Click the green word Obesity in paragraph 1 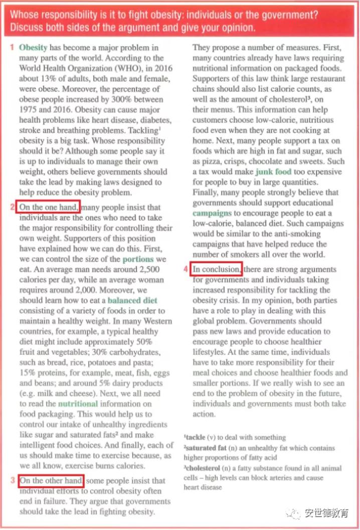tap(33, 48)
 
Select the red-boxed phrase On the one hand tap(48, 207)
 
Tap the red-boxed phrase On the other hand tap(51, 481)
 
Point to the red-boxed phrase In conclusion tap(217, 269)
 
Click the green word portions tap(138, 259)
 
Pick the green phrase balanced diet tap(132, 301)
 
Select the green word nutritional tap(78, 403)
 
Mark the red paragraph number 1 tap(12, 48)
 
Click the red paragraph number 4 tap(186, 269)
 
